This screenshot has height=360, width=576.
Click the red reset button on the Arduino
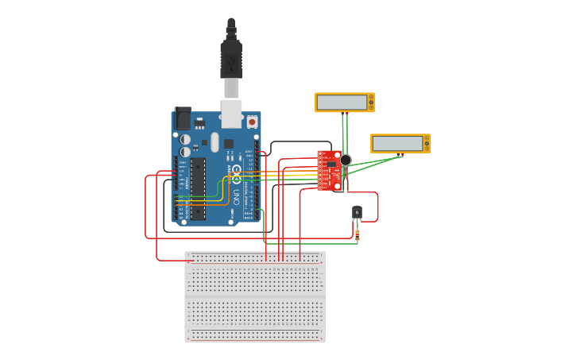[x=252, y=122]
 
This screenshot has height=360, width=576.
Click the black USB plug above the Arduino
[x=231, y=60]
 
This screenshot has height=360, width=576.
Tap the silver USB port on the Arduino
[x=231, y=114]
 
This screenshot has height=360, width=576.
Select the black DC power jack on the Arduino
[x=182, y=118]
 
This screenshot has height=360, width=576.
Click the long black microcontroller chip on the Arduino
[x=198, y=188]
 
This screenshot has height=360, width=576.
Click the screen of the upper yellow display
[x=342, y=103]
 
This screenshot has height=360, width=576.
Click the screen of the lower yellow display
[x=398, y=143]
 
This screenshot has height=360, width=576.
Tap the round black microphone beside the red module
[x=346, y=160]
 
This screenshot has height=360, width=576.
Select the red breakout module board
[x=328, y=171]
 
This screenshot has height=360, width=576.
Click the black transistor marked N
[x=357, y=212]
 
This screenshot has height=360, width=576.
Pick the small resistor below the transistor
[x=358, y=234]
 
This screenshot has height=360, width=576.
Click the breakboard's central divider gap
[x=255, y=295]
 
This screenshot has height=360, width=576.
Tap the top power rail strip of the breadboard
[x=255, y=257]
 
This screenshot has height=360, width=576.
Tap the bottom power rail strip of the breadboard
[x=255, y=335]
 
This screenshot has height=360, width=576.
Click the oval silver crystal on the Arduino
[x=215, y=142]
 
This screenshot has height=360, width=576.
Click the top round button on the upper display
[x=370, y=98]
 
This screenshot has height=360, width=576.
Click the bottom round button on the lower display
[x=426, y=148]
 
